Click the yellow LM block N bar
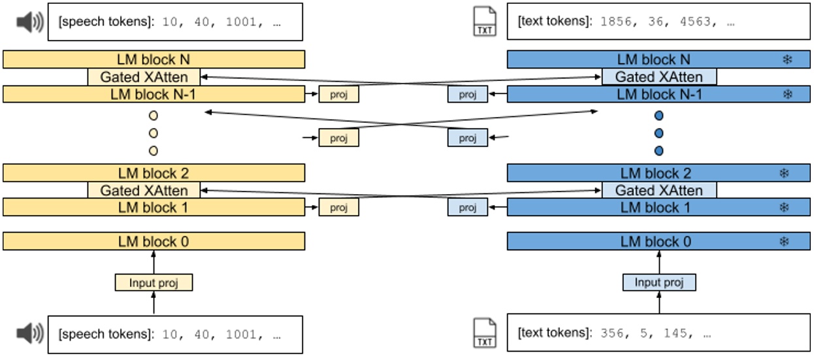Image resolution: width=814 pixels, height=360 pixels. coord(154,59)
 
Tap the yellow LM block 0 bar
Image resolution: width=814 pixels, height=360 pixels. coord(154,242)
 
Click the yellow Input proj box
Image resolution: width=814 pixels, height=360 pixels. coord(154,282)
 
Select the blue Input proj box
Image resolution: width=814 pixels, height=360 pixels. coord(659,282)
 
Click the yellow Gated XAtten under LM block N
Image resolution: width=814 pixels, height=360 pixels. coord(144,77)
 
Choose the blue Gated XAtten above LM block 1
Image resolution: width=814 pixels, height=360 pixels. coord(659,191)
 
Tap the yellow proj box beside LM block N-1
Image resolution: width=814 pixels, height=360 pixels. coord(338,95)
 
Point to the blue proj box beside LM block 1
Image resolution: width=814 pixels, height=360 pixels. coord(467,208)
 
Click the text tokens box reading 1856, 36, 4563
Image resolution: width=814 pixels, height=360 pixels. coord(658,22)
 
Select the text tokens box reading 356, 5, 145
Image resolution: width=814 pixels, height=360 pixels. coord(658,333)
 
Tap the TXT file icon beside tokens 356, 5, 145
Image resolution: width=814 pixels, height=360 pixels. coord(485,333)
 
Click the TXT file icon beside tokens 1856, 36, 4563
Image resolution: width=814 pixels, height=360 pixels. coord(485,22)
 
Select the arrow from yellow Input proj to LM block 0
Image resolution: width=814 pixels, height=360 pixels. coord(154,262)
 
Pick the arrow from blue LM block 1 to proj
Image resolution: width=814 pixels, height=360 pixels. coord(497,208)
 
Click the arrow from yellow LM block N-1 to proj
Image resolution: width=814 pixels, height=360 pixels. coord(312,95)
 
